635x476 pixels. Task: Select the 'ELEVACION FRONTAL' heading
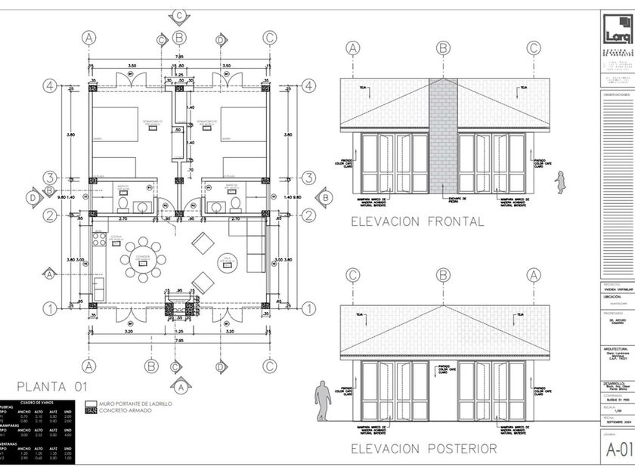coord(417,222)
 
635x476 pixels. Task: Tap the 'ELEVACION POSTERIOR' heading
coord(423,449)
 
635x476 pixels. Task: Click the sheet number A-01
coord(618,452)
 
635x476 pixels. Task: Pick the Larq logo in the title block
coord(618,29)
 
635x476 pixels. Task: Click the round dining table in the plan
coord(142,259)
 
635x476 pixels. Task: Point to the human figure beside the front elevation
coord(560,182)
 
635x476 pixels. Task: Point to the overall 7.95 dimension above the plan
coord(179,57)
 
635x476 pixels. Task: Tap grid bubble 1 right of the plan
coord(308,308)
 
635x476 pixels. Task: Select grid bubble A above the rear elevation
coord(534,275)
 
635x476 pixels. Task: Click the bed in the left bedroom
coord(115,124)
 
